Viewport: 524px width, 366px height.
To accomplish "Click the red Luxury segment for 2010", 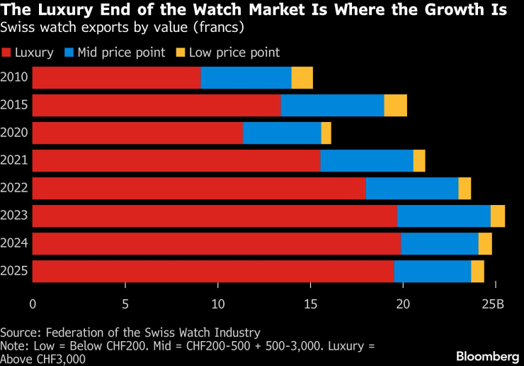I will pos(117,78).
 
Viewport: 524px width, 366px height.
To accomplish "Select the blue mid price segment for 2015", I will pos(332,106).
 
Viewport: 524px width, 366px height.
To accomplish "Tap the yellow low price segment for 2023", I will pos(497,216).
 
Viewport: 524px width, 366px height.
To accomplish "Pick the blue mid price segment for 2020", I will pos(282,133).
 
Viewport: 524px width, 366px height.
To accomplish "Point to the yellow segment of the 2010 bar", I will pos(302,78).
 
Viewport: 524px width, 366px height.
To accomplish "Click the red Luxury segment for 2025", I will pos(213,271).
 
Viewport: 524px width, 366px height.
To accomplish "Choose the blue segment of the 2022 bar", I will pos(412,188).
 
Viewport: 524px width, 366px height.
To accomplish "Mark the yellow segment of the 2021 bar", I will pos(419,161).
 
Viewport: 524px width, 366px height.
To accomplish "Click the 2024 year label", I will pos(14,243).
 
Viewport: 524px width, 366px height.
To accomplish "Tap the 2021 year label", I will pos(14,161).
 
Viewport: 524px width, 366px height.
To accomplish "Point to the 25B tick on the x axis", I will pos(494,304).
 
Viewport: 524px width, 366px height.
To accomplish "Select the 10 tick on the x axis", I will pos(217,304).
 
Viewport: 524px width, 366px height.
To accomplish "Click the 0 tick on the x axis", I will pos(33,304).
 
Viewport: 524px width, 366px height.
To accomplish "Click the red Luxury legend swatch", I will pos(6,52).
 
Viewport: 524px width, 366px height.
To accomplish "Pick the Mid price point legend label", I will pos(120,52).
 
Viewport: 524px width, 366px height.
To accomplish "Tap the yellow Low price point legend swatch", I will pos(180,52).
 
